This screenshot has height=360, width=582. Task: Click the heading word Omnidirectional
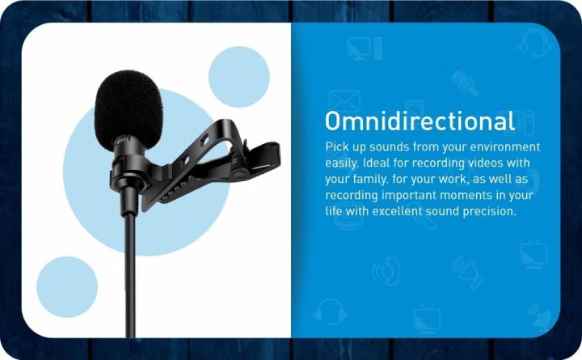420,121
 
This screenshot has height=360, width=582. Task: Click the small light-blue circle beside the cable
67,286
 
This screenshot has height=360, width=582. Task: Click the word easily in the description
341,163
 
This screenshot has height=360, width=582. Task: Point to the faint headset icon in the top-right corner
535,42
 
